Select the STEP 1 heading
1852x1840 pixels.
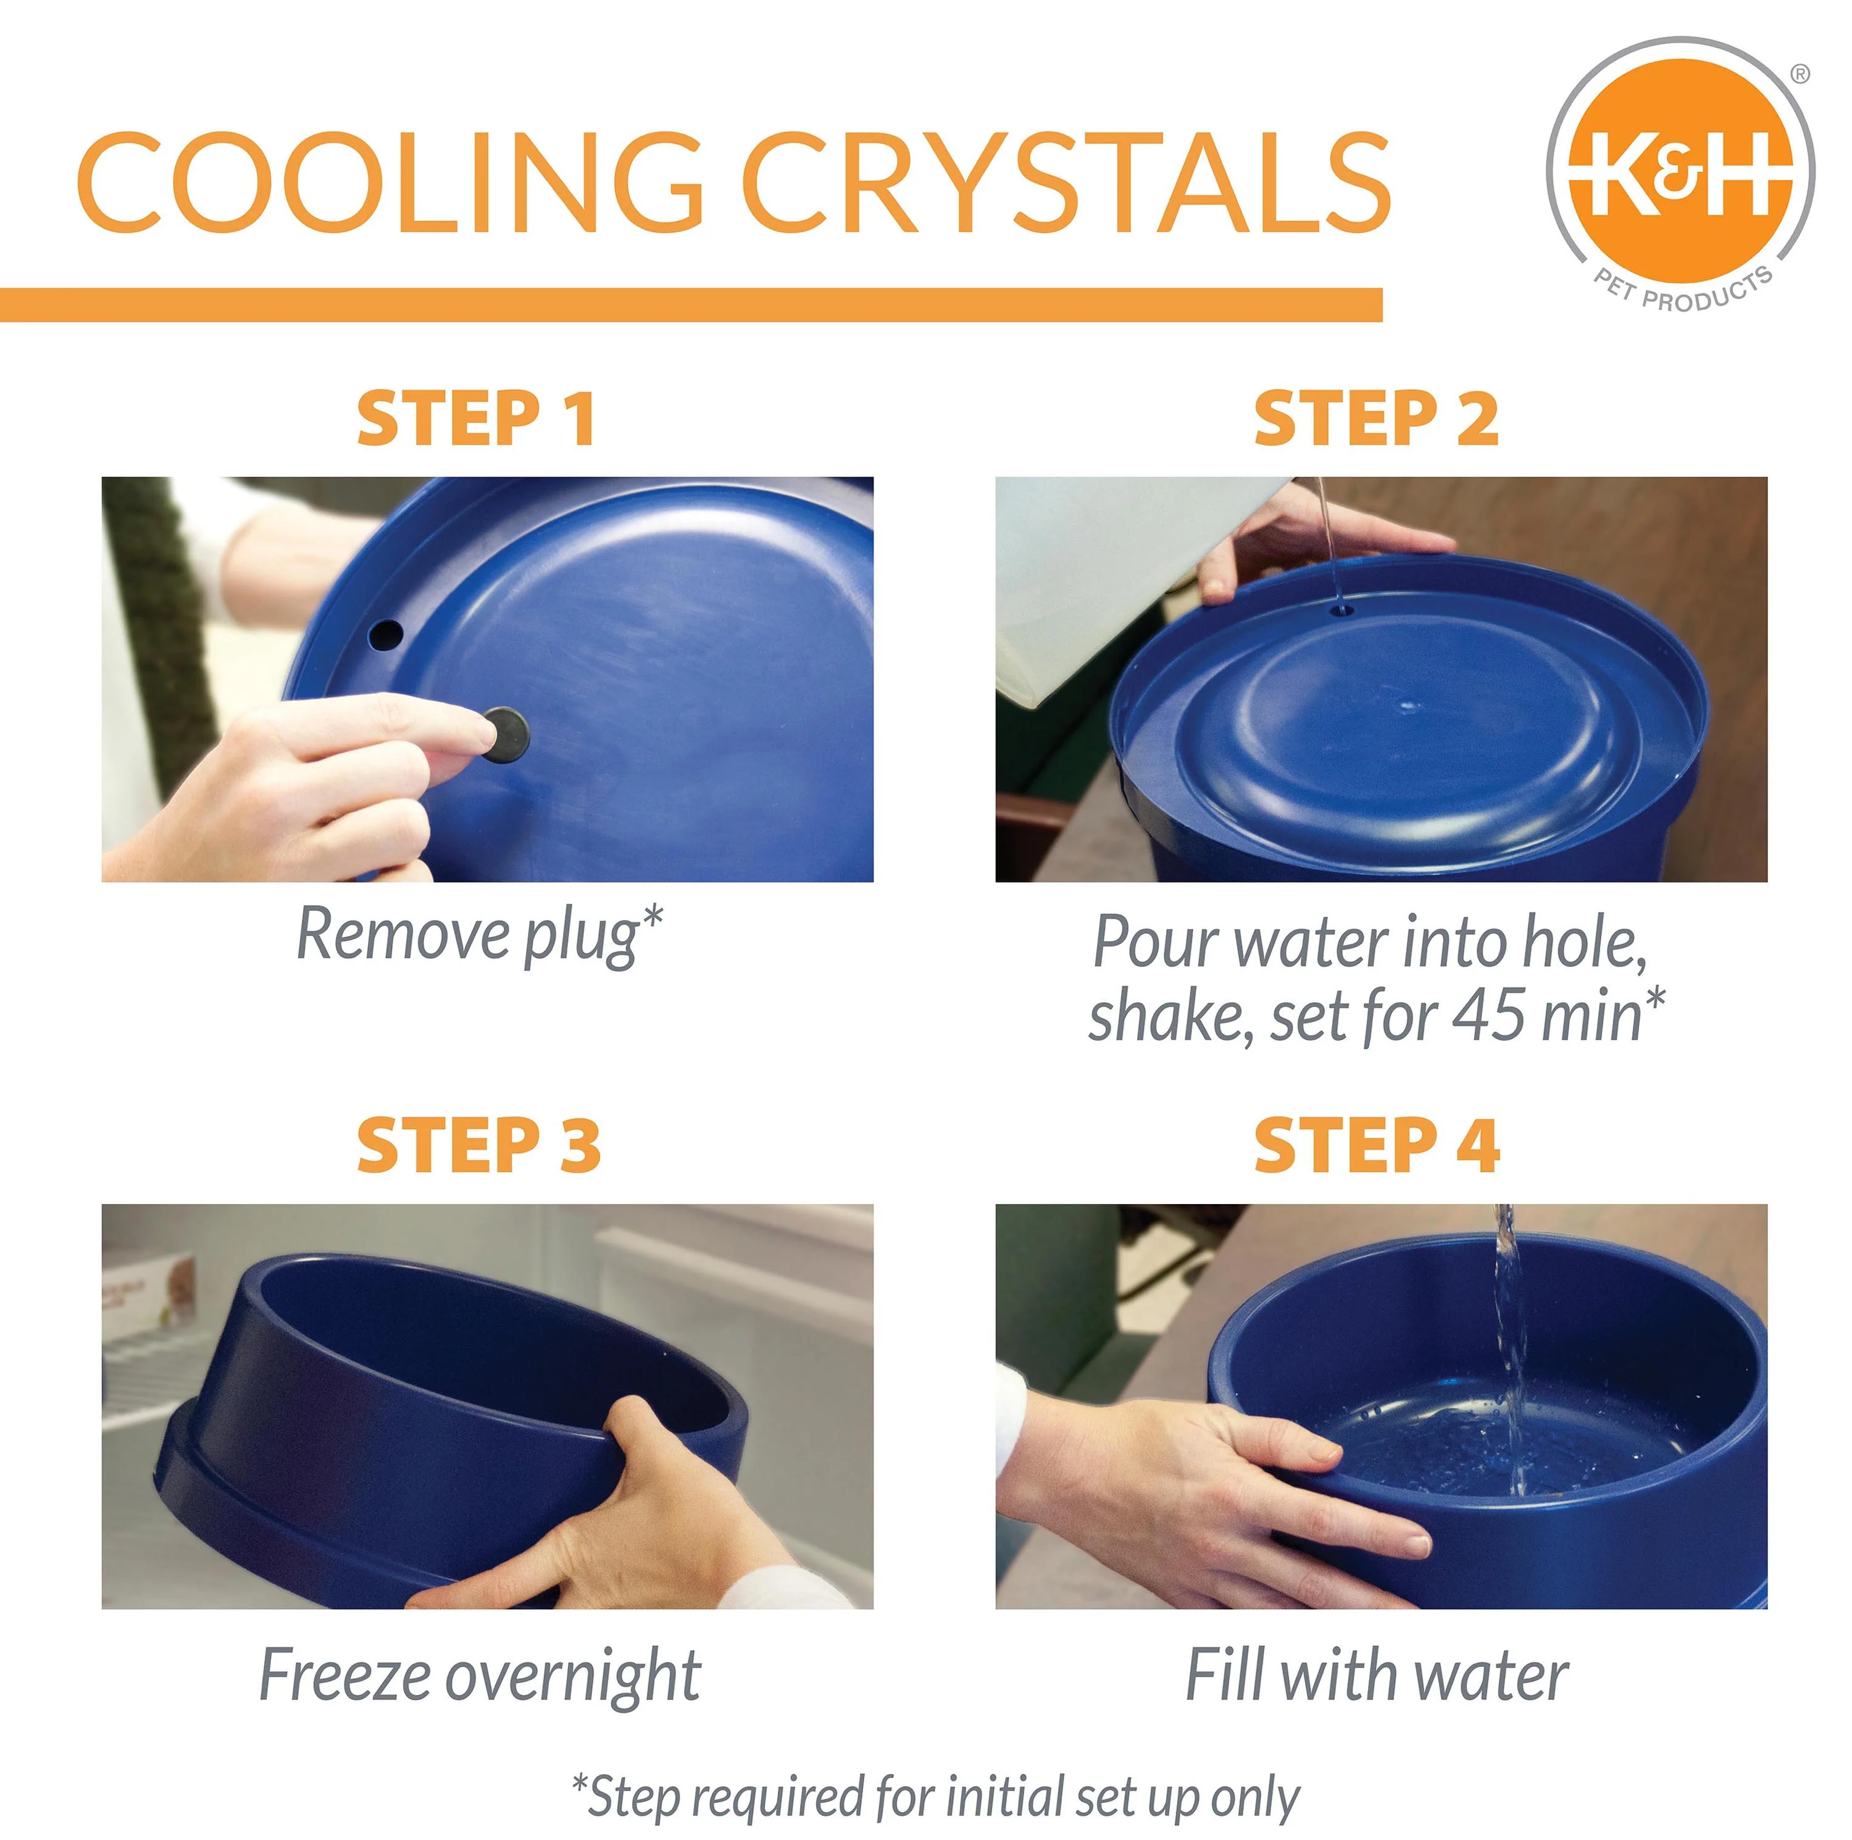coord(477,419)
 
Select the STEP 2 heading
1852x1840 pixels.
coord(1375,419)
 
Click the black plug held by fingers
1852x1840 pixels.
coord(505,734)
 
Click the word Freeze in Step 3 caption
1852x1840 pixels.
coord(343,1676)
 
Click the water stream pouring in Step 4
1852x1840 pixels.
coord(1509,1342)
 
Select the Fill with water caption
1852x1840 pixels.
coord(1375,1676)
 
